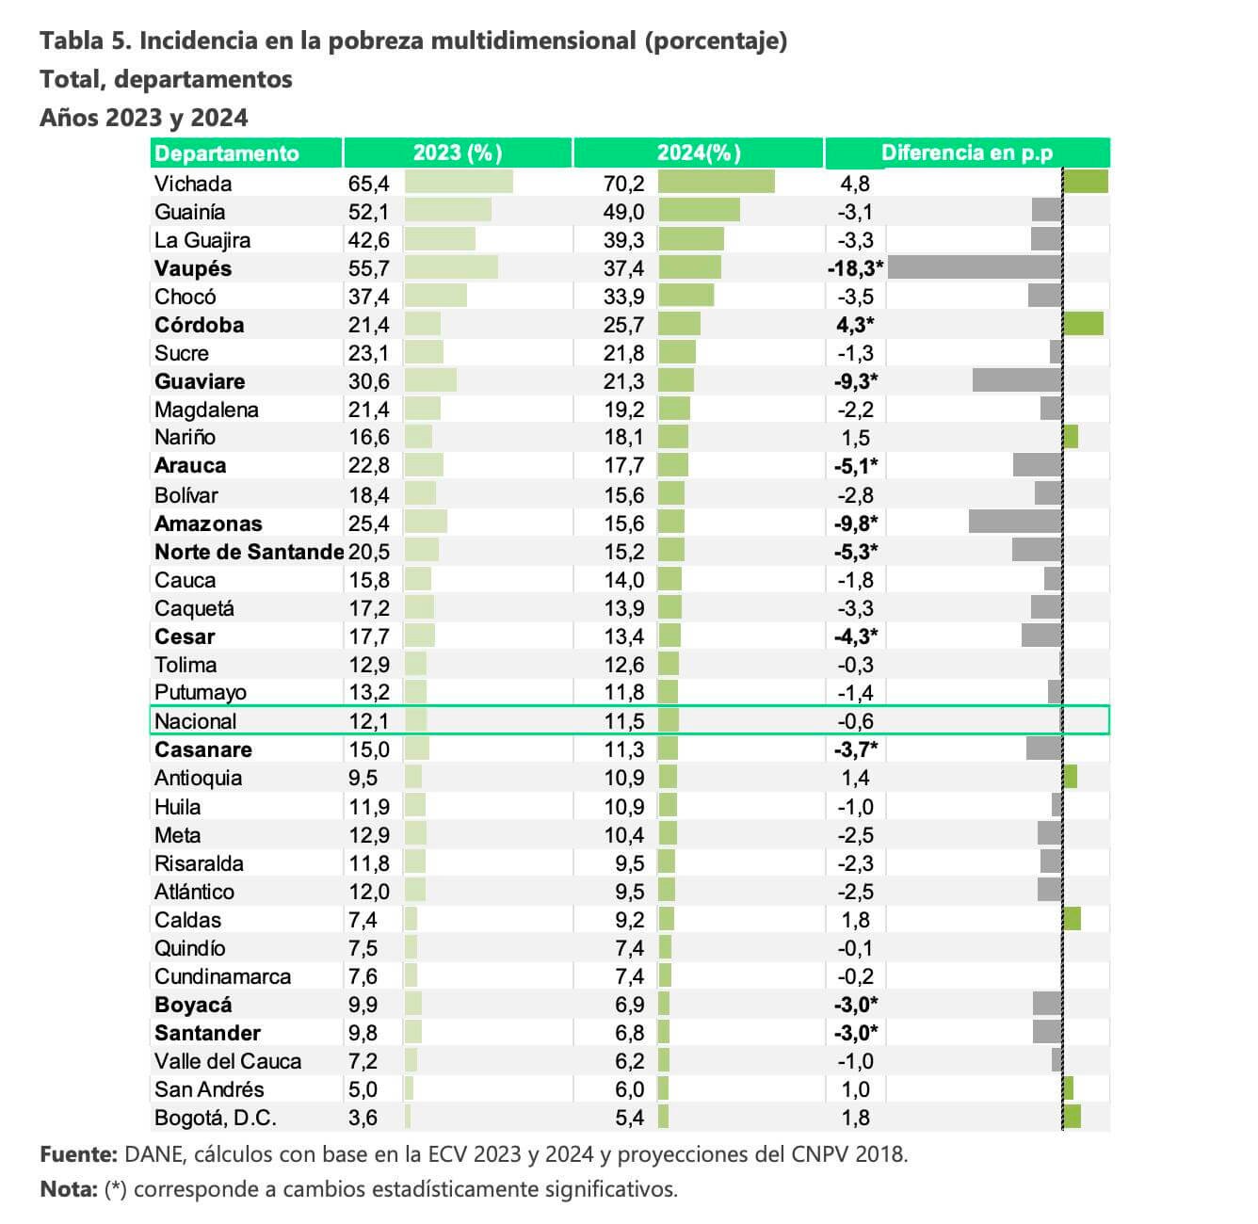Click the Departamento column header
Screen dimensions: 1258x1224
[x=226, y=153]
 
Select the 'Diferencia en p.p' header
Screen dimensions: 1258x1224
[x=966, y=153]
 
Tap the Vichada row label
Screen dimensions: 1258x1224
[x=193, y=184]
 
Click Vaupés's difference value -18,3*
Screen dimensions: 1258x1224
[x=855, y=267]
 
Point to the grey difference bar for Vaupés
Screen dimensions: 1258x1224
[x=975, y=267]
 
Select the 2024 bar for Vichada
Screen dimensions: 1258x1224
[x=717, y=182]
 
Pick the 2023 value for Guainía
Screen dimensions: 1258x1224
[x=368, y=212]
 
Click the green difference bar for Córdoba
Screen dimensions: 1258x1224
[x=1083, y=324]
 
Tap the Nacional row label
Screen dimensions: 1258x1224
[x=195, y=720]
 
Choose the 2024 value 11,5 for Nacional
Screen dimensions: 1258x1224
[x=624, y=720]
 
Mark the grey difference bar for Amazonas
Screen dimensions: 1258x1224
[x=1015, y=522]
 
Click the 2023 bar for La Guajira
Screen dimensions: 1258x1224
[x=441, y=238]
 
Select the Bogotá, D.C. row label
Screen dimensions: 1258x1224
[x=216, y=1118]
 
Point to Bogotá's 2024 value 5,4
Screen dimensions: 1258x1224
[x=629, y=1118]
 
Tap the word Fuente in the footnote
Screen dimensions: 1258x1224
[x=78, y=1154]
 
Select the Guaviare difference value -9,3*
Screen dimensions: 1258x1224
[x=855, y=381]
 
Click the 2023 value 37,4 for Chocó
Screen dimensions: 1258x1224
[x=368, y=297]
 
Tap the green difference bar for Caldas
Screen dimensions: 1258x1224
[x=1072, y=918]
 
